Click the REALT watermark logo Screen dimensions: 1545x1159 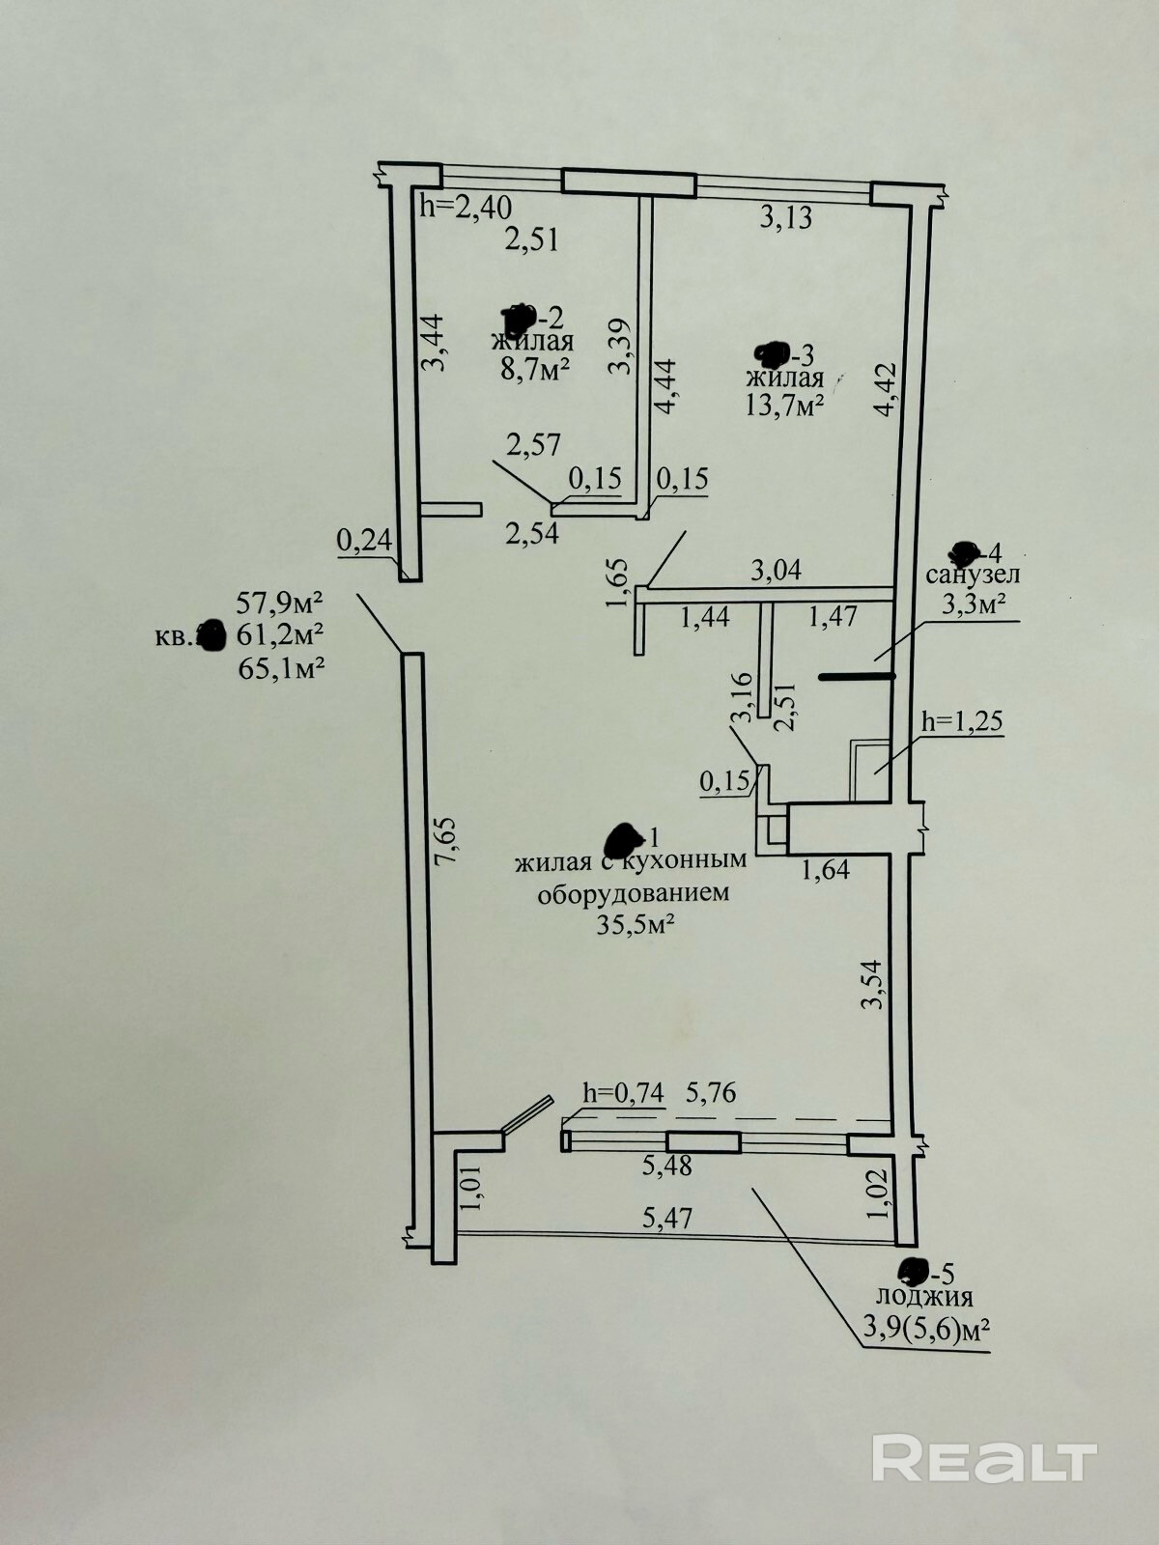(x=984, y=1431)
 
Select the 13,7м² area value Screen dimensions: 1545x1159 (x=783, y=404)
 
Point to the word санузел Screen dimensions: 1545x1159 (x=974, y=576)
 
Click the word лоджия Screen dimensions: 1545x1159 (x=924, y=1297)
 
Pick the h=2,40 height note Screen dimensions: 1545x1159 (x=466, y=206)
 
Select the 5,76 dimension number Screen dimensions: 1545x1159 (x=710, y=1092)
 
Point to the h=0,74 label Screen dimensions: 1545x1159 (x=624, y=1092)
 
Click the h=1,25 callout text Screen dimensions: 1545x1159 (x=963, y=720)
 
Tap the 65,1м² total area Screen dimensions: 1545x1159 (x=279, y=667)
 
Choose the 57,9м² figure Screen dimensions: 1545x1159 (x=279, y=604)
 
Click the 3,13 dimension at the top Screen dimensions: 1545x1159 (x=785, y=218)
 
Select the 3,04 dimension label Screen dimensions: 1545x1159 (x=776, y=571)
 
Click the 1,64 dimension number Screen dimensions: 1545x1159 (x=825, y=869)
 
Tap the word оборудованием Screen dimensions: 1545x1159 (x=634, y=892)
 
